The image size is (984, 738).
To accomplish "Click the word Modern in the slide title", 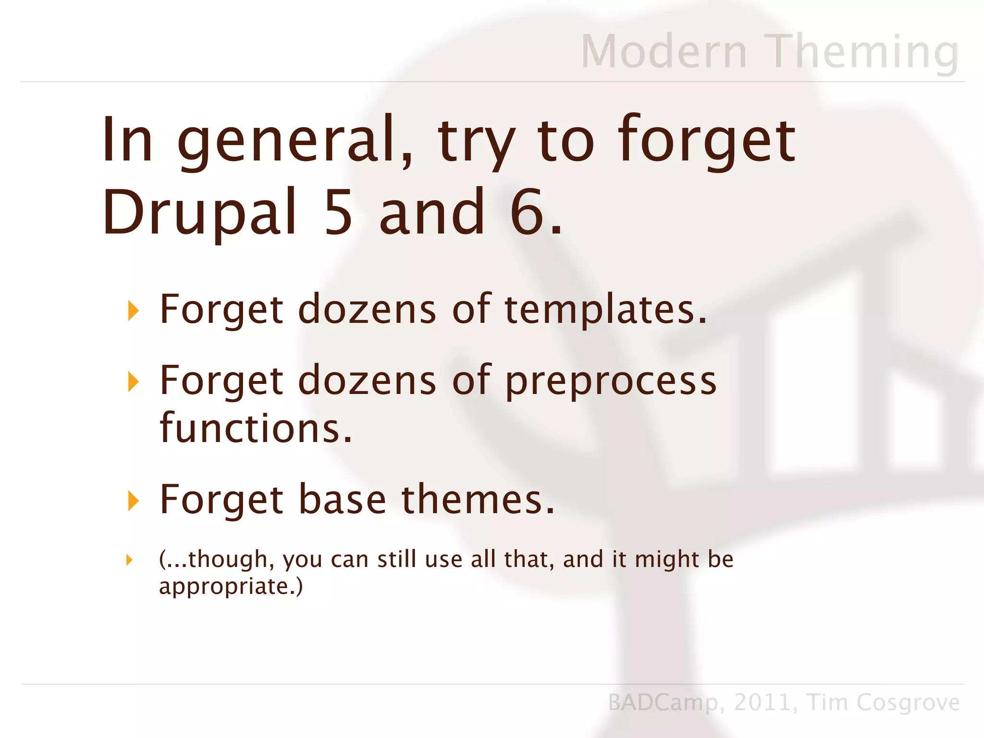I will [664, 51].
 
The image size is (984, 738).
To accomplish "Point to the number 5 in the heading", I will [338, 213].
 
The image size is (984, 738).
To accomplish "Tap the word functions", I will [256, 428].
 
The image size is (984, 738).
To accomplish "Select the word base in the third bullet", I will [342, 500].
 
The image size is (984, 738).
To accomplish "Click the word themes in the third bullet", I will [478, 500].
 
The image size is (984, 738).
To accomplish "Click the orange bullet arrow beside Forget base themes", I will [133, 501].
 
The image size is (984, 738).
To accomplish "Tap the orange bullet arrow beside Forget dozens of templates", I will [133, 311].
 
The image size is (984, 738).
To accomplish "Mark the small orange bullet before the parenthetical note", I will [129, 560].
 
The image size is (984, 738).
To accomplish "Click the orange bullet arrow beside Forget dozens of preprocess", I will [133, 382].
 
